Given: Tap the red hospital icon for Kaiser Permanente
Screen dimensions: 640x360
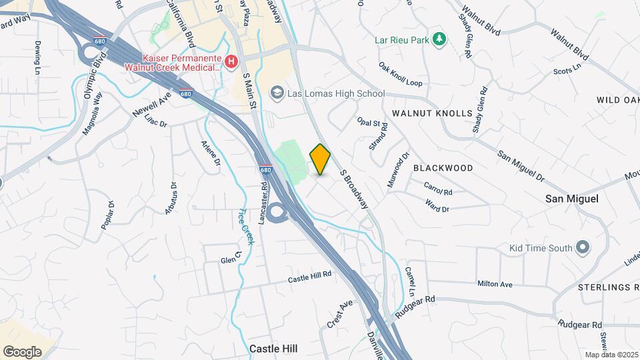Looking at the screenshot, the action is point(231,62).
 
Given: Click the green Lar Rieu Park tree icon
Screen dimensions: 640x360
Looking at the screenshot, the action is point(439,40).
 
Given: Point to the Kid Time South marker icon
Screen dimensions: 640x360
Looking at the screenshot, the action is point(583,248).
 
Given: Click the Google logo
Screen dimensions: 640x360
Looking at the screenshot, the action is point(23,351).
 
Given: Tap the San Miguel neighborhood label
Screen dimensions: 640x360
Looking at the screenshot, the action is point(572,199).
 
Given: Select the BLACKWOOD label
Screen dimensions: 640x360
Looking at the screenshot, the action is point(443,168).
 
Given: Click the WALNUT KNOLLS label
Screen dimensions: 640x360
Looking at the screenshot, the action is point(432,114).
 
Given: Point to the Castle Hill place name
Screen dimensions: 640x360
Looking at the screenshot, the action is point(273,348).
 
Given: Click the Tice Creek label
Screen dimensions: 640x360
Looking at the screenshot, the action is point(245,227).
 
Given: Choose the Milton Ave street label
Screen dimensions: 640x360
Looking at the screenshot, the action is point(495,284).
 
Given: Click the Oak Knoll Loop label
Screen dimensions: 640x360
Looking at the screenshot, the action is point(401,75).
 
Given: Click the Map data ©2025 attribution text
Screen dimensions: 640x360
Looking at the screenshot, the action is point(612,355).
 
